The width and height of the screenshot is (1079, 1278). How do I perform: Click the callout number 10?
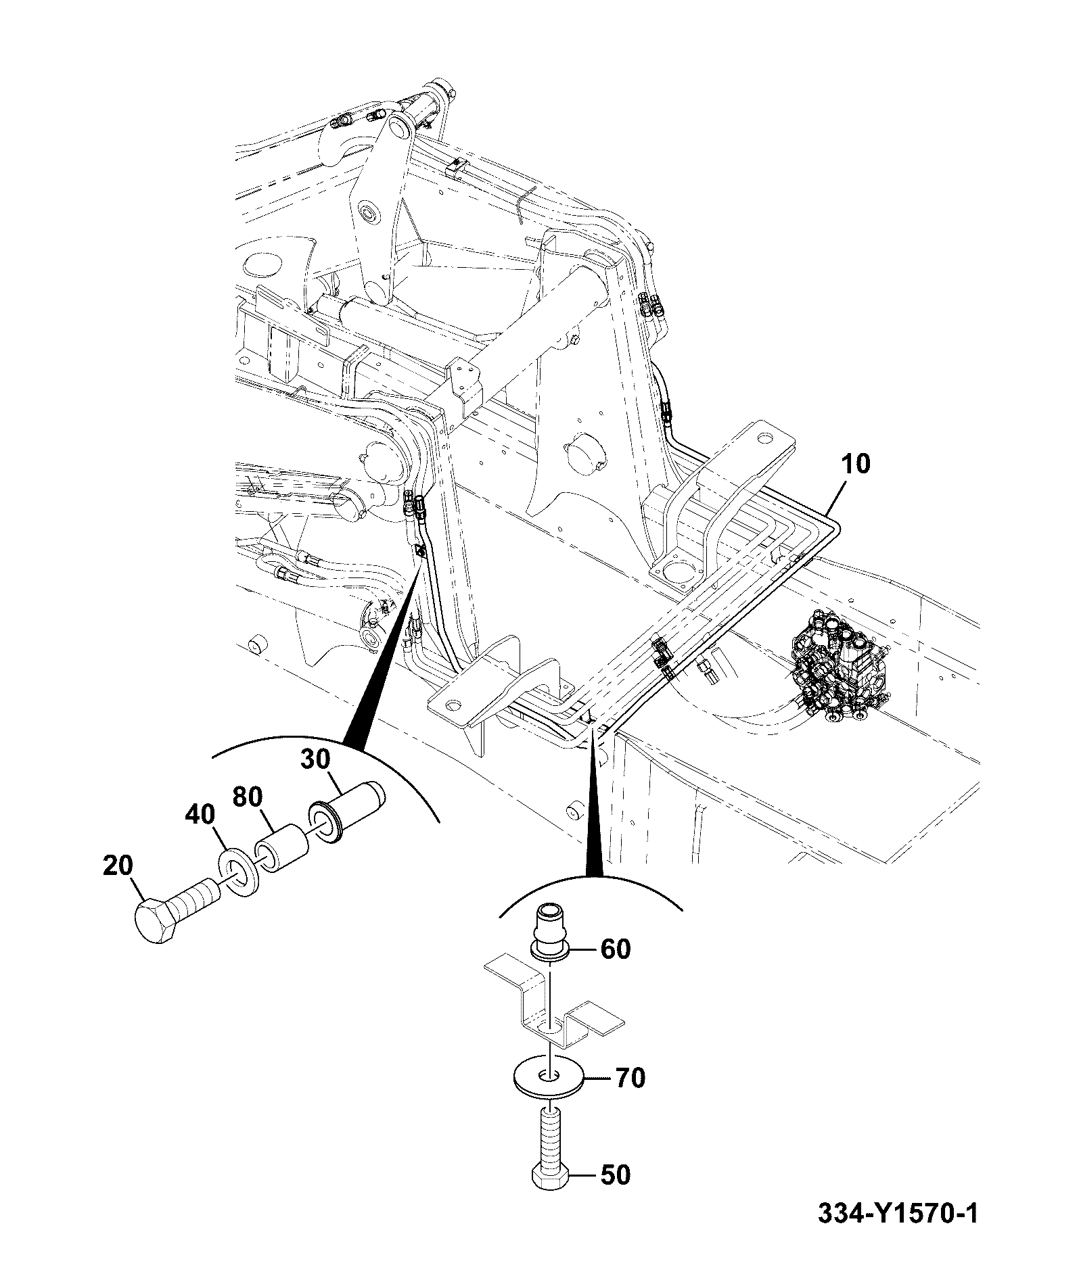[856, 465]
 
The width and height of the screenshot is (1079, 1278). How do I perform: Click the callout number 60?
[616, 949]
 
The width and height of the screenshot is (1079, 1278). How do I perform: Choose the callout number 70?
[630, 1078]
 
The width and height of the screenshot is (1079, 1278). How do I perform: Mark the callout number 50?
[615, 1194]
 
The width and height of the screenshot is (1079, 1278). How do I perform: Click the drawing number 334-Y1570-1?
[898, 1233]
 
